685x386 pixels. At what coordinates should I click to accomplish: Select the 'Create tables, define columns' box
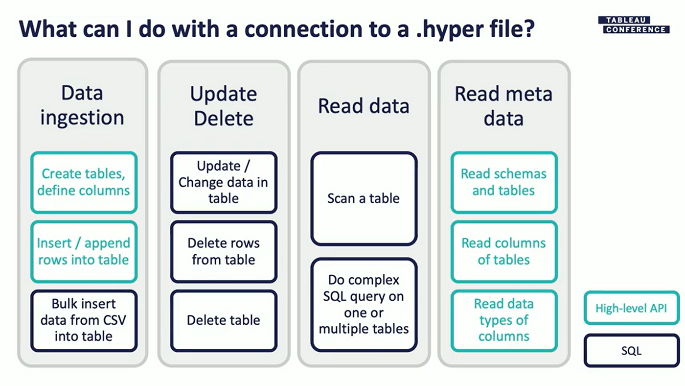(x=84, y=182)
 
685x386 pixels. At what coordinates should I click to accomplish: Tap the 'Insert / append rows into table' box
(x=84, y=251)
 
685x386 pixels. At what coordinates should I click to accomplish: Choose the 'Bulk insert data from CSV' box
(x=84, y=320)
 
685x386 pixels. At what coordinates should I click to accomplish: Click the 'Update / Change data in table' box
(x=224, y=182)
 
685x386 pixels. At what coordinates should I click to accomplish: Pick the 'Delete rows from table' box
(x=224, y=251)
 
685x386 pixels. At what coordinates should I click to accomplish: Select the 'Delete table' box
(x=224, y=320)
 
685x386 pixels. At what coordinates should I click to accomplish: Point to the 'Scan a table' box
(x=364, y=198)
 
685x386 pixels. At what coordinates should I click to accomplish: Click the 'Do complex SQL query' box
(x=364, y=304)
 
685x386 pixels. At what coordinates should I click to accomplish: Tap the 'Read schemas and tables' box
(x=503, y=182)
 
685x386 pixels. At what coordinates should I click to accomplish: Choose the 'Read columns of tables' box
(x=503, y=251)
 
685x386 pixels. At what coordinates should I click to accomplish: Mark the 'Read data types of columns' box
(x=503, y=320)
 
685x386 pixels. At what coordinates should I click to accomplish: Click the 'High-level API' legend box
(x=631, y=308)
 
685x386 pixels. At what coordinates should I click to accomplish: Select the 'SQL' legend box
(x=631, y=351)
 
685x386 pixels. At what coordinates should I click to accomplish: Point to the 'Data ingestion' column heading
(x=82, y=105)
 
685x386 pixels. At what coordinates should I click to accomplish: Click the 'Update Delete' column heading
(x=224, y=105)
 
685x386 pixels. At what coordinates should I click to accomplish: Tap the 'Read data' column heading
(x=364, y=106)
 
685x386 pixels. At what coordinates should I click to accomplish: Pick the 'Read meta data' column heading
(x=503, y=105)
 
